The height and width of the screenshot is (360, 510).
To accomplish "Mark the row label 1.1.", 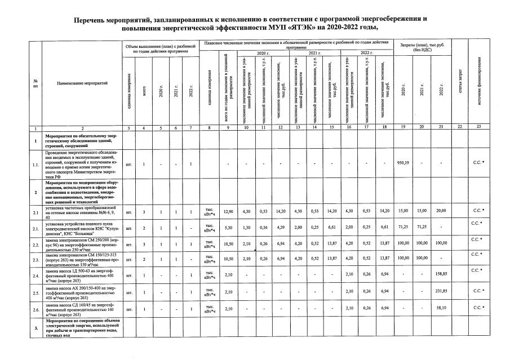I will [36, 163].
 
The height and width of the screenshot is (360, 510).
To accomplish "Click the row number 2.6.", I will [36, 309].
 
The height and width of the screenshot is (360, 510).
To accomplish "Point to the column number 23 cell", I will [478, 129].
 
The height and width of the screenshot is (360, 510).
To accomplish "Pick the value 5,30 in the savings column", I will [228, 229].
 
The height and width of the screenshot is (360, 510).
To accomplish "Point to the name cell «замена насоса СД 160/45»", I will [82, 309].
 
